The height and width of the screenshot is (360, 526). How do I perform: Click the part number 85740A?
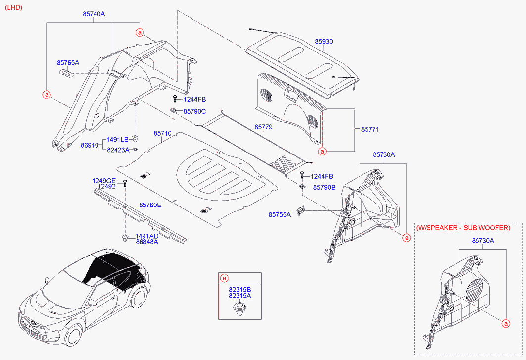point(94,14)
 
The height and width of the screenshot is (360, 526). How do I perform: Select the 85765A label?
point(68,63)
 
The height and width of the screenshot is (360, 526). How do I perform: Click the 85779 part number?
point(263,127)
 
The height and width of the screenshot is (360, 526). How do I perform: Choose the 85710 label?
point(162,134)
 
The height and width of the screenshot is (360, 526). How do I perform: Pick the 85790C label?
point(194,111)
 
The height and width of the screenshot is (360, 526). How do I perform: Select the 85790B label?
point(324,187)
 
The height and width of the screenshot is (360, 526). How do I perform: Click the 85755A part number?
point(280,214)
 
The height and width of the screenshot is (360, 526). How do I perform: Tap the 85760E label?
point(150,205)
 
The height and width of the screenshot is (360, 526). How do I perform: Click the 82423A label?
point(118,150)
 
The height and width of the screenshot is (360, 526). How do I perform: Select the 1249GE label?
point(104,181)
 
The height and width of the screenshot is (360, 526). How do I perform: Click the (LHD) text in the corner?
point(13,8)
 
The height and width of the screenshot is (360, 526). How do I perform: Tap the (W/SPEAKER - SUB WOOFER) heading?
point(462,228)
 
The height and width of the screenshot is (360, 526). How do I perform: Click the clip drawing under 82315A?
point(239,310)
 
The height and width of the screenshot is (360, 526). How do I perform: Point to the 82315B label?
point(239,289)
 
